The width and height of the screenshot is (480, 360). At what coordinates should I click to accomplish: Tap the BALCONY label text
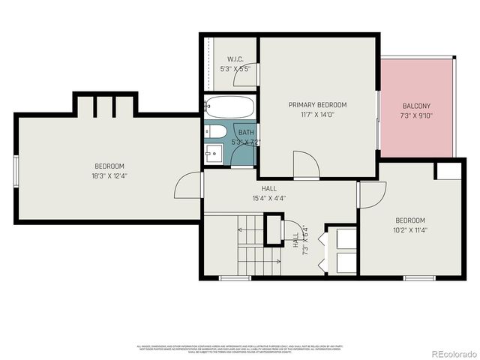click(x=416, y=106)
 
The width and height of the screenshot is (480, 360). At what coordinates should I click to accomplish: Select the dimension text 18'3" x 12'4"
click(x=109, y=176)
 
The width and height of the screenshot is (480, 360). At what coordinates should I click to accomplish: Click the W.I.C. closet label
click(x=235, y=59)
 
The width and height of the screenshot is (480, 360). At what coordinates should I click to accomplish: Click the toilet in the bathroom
click(x=214, y=133)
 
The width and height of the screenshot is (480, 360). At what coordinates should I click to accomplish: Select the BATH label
click(x=246, y=132)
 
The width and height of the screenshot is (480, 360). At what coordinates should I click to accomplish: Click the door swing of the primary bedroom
click(x=305, y=165)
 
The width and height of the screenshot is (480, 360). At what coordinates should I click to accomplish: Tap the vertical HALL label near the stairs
click(x=295, y=240)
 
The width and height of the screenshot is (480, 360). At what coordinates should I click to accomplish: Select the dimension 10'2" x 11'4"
click(x=410, y=230)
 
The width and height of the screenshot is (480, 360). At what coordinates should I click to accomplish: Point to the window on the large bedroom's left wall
click(x=16, y=171)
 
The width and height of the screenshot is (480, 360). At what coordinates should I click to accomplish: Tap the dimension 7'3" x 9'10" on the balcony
click(x=416, y=115)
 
